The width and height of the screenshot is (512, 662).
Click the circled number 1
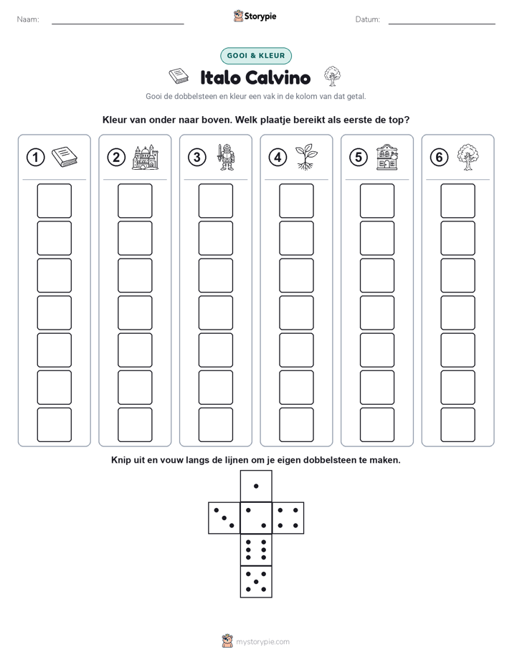(x=35, y=158)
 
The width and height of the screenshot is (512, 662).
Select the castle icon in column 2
(x=146, y=158)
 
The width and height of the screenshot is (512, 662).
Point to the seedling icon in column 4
(x=306, y=157)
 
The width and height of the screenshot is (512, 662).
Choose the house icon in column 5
(x=387, y=157)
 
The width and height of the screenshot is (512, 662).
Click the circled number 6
(x=440, y=158)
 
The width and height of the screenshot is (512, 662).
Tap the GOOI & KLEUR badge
(x=256, y=56)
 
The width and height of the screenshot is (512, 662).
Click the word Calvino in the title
(x=278, y=77)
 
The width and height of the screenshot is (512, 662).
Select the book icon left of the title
(x=179, y=76)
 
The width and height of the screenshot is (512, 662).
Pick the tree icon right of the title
(x=333, y=76)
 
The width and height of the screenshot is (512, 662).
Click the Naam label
(x=28, y=19)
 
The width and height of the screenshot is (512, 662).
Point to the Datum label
(x=368, y=19)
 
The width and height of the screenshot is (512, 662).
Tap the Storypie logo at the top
(x=255, y=16)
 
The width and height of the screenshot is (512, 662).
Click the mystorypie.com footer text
(x=262, y=642)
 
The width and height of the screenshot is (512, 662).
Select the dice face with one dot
(x=256, y=486)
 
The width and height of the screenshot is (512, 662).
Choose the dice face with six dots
(x=256, y=550)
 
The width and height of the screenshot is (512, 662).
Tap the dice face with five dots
(x=256, y=582)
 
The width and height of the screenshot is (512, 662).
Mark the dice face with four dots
(x=288, y=518)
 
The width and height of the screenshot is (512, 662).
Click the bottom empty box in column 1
(x=54, y=425)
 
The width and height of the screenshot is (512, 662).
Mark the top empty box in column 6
(x=458, y=201)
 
